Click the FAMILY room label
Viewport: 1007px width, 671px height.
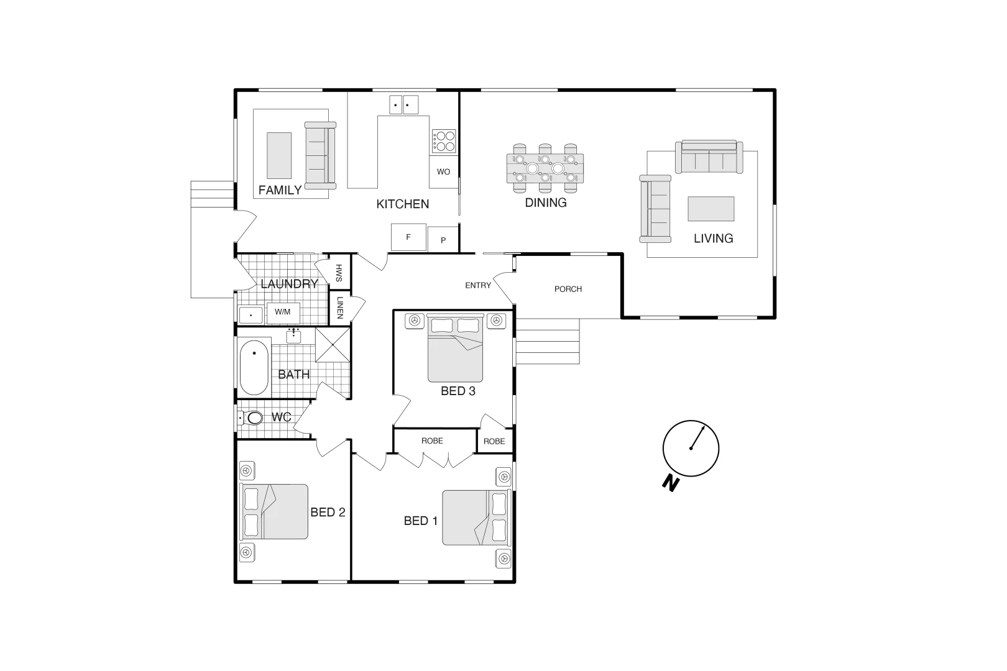[x=280, y=190]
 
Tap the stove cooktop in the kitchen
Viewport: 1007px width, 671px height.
[x=444, y=141]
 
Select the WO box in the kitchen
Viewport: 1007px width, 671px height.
[x=443, y=171]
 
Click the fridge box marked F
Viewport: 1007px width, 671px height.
[x=408, y=237]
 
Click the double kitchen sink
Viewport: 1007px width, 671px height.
[x=403, y=105]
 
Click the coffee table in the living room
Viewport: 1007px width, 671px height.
[x=710, y=209]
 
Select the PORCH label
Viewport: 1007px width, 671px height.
[x=568, y=289]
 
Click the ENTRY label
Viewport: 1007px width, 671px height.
[x=478, y=285]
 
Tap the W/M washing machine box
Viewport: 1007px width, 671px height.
[x=283, y=312]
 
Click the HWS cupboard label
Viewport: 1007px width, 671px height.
[x=339, y=273]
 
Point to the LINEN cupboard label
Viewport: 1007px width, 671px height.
[x=339, y=308]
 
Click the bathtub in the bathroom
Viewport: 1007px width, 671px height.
[x=254, y=367]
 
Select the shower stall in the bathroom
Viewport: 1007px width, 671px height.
[x=333, y=345]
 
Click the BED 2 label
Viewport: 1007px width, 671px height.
[x=328, y=513]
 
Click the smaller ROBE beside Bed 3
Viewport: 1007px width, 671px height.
[x=494, y=441]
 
